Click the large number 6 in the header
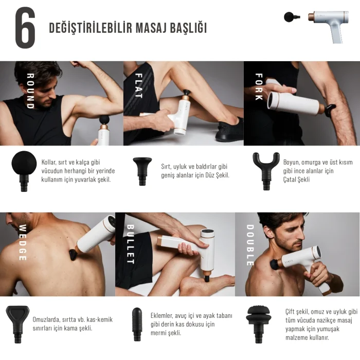point(25,28)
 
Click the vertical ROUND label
point(30,91)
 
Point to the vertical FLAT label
point(138,85)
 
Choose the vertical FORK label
point(259,86)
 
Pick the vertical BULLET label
point(130,244)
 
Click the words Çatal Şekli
point(296,179)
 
